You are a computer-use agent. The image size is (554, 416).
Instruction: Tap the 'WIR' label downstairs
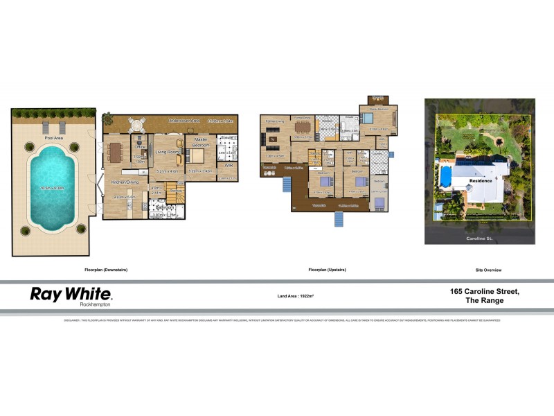pyautogui.click(x=228, y=166)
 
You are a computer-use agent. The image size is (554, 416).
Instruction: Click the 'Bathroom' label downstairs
pyautogui.click(x=164, y=207)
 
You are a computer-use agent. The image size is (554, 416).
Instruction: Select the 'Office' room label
pyautogui.click(x=139, y=147)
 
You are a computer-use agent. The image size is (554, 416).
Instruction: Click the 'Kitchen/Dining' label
pyautogui.click(x=125, y=182)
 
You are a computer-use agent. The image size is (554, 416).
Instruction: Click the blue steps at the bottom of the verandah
pyautogui.click(x=339, y=220)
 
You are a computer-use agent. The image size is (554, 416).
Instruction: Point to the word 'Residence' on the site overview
pyautogui.click(x=481, y=180)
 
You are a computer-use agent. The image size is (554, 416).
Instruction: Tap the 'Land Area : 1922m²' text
pyautogui.click(x=296, y=296)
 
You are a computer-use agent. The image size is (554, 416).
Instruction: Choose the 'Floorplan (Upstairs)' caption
pyautogui.click(x=327, y=269)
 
